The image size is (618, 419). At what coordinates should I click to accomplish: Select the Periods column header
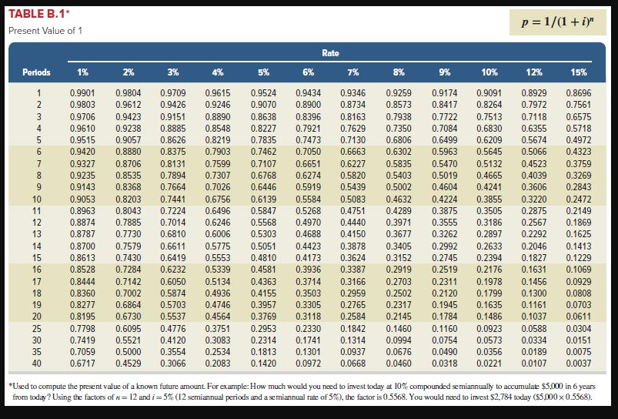pyautogui.click(x=35, y=72)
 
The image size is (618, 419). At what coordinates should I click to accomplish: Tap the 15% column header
pyautogui.click(x=579, y=72)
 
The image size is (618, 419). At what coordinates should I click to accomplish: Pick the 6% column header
pyautogui.click(x=308, y=72)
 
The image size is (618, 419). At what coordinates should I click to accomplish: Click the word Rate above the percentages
pyautogui.click(x=330, y=52)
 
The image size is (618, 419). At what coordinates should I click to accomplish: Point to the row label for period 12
pyautogui.click(x=37, y=222)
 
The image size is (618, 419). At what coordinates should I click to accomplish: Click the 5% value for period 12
pyautogui.click(x=263, y=222)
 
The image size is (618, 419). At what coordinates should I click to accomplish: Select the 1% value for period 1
pyautogui.click(x=82, y=92)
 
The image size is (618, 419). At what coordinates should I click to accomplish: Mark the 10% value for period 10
pyautogui.click(x=489, y=198)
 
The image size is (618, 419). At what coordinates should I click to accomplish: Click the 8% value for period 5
pyautogui.click(x=398, y=141)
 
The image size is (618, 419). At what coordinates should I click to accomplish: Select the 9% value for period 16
pyautogui.click(x=443, y=270)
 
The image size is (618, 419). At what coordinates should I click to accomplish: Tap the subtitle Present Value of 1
pyautogui.click(x=45, y=31)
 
